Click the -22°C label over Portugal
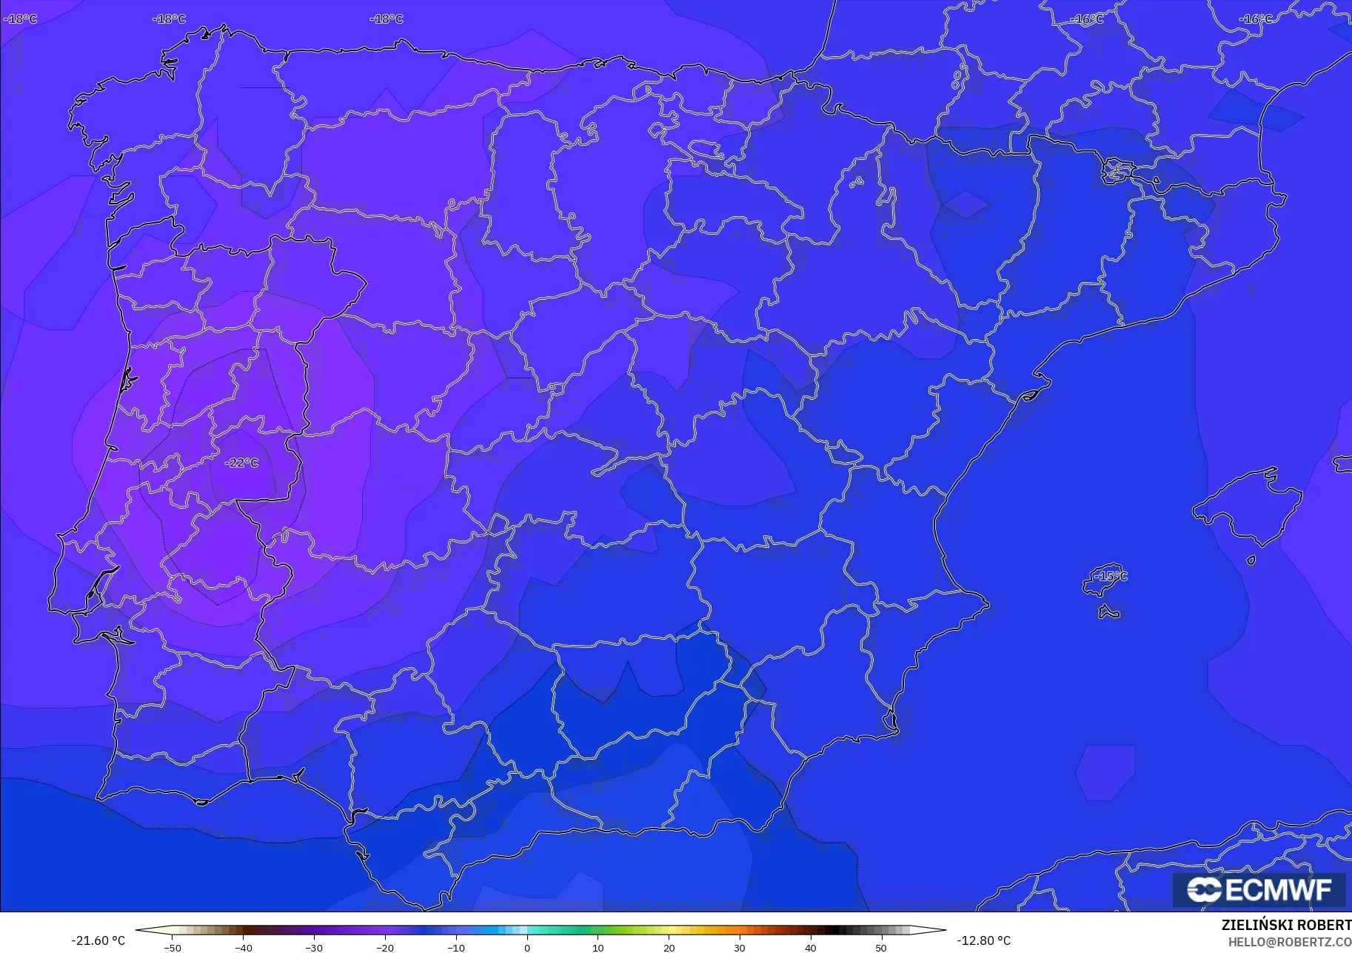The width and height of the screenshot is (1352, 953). [242, 463]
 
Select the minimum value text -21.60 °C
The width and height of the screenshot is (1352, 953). [98, 940]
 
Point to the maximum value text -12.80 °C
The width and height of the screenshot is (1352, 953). [983, 940]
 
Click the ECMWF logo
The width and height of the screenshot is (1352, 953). [1259, 889]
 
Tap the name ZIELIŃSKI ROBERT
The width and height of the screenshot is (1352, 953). [1286, 925]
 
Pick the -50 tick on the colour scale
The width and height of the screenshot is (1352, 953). [172, 948]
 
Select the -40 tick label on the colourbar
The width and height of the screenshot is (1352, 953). [243, 948]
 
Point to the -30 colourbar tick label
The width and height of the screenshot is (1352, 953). [314, 948]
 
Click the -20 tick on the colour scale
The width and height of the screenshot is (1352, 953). [385, 948]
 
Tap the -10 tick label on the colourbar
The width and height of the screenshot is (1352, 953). [456, 948]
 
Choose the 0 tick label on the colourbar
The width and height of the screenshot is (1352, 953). [527, 948]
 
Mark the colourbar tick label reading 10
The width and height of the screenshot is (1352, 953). [598, 948]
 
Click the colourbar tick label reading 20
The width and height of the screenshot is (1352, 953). [669, 948]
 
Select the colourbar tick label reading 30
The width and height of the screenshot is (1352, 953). [740, 948]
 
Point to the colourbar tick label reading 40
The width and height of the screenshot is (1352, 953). [811, 948]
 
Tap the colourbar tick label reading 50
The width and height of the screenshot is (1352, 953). [881, 948]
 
